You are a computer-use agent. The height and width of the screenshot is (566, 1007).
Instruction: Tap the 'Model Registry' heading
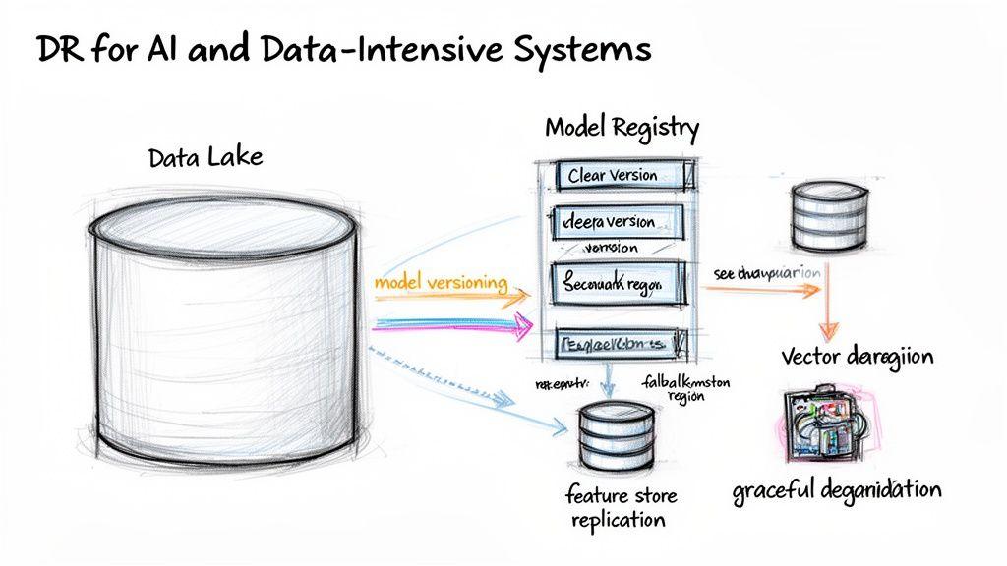[622, 128]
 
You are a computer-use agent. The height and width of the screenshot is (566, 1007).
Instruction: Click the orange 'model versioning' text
[441, 283]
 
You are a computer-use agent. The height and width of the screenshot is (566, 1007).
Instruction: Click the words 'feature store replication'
[616, 507]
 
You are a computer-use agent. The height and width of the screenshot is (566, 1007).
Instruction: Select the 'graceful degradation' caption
[836, 489]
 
